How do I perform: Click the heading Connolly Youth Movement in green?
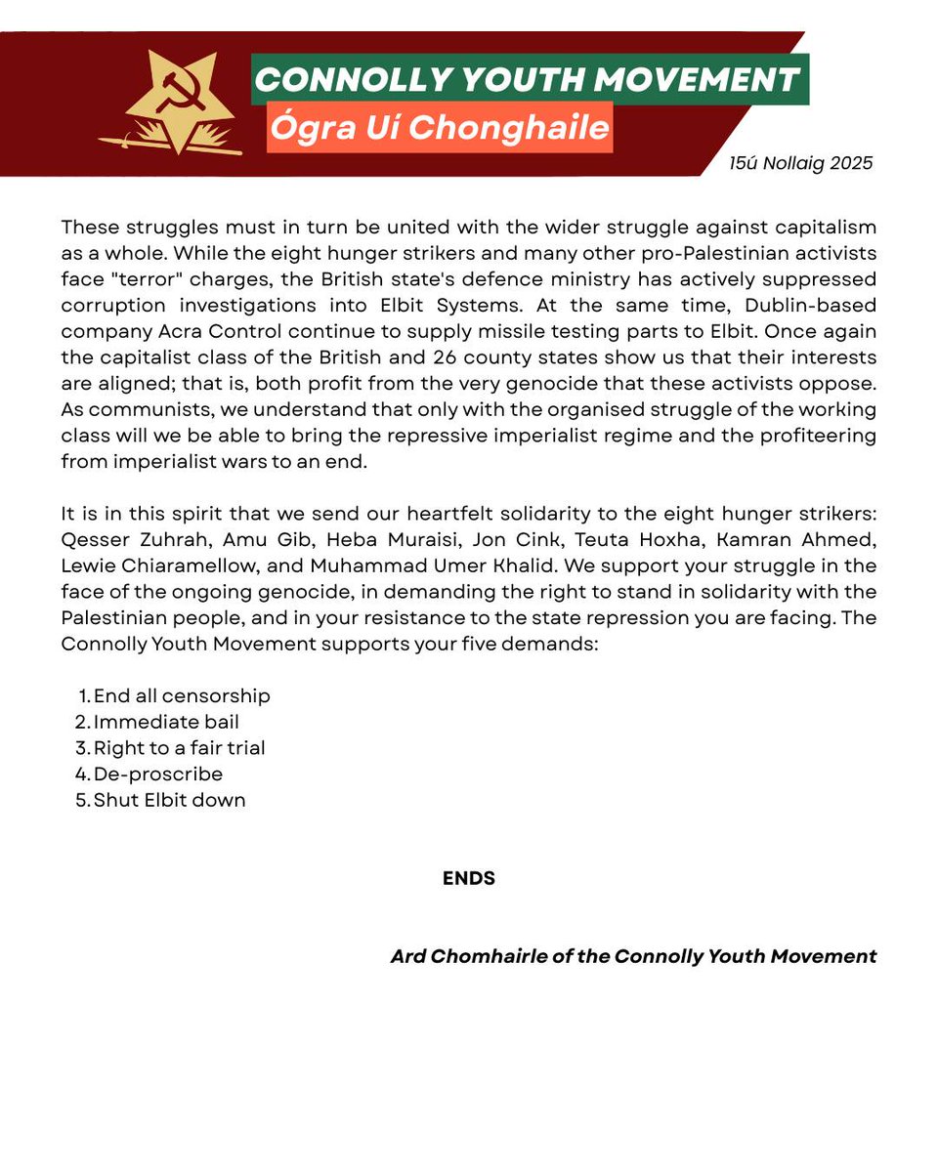(x=530, y=79)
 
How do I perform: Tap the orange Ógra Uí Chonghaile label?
(x=440, y=128)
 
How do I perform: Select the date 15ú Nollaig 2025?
(x=800, y=163)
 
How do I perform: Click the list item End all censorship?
(x=182, y=695)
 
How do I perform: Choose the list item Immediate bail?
(x=166, y=722)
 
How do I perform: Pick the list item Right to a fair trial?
(x=179, y=748)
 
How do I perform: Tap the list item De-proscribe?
(x=158, y=774)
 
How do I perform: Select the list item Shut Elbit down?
(x=169, y=800)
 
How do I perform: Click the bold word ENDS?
(x=469, y=878)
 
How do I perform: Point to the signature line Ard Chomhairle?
(x=633, y=956)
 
